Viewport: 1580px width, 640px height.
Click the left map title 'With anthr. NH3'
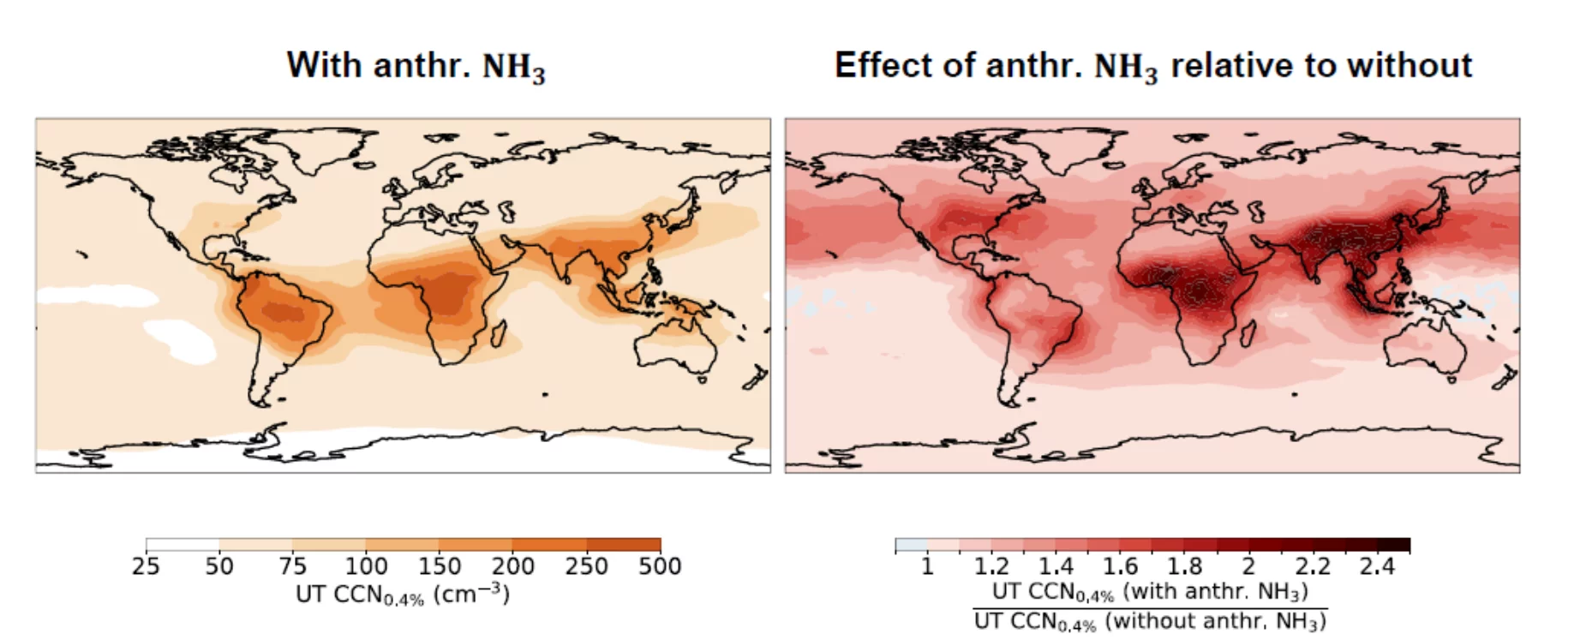click(416, 66)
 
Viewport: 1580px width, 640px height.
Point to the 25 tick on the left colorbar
click(146, 565)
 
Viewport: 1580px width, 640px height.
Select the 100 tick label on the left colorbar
click(366, 565)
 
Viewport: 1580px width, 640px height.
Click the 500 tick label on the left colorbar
click(660, 565)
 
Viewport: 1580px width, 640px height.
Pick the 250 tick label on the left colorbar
click(586, 565)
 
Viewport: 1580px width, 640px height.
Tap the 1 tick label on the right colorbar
click(926, 565)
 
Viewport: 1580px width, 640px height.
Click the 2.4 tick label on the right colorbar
click(1377, 565)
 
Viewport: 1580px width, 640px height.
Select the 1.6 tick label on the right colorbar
click(1120, 565)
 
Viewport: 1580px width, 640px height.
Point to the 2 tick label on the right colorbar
click(1248, 565)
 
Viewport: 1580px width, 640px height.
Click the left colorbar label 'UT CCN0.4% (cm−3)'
click(403, 595)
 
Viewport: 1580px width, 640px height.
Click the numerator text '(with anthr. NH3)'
click(1215, 591)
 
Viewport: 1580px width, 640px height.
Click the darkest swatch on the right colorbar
click(1393, 545)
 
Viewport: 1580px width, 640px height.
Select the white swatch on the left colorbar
click(183, 545)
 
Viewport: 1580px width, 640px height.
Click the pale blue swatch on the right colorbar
click(911, 545)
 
